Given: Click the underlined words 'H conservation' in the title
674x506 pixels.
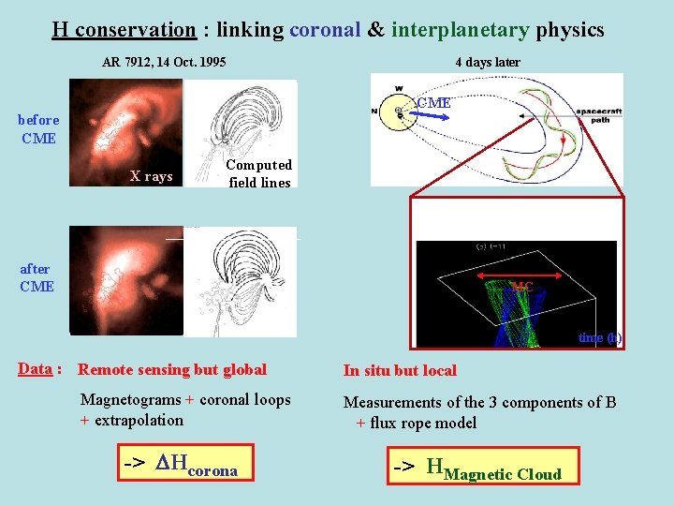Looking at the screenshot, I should click(x=124, y=30).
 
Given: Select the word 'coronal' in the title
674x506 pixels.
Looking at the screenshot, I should click(x=324, y=30).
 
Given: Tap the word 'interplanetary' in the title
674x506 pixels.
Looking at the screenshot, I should click(x=460, y=30).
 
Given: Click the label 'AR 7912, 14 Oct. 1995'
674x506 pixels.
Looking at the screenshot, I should click(x=164, y=63).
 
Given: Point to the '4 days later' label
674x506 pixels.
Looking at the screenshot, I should click(x=488, y=63).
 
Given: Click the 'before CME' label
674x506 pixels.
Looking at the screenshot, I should click(x=38, y=129).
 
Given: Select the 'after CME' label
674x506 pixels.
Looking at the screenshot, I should click(x=37, y=277).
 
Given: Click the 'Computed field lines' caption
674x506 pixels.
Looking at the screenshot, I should click(x=259, y=173).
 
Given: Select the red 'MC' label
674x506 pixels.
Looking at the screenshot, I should click(x=522, y=287).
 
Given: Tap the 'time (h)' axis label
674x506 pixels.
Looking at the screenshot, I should click(x=599, y=337).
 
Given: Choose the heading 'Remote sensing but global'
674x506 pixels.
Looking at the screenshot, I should click(x=172, y=370).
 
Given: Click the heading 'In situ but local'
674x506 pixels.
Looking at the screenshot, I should click(x=400, y=370).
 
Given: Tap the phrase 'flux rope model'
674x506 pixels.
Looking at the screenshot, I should click(x=423, y=423).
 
